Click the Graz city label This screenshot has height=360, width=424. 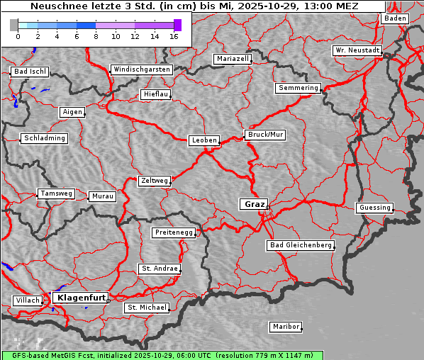pyautogui.click(x=254, y=204)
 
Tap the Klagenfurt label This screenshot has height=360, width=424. pyautogui.click(x=81, y=298)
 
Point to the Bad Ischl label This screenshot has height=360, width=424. pyautogui.click(x=30, y=72)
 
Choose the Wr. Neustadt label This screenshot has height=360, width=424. pyautogui.click(x=357, y=51)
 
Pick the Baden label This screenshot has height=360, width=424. pyautogui.click(x=395, y=18)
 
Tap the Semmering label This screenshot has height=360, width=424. pyautogui.click(x=299, y=88)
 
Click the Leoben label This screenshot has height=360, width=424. pyautogui.click(x=204, y=140)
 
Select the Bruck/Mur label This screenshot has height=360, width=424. pyautogui.click(x=264, y=135)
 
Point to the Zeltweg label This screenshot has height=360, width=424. pyautogui.click(x=154, y=181)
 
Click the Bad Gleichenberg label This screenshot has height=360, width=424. pyautogui.click(x=301, y=245)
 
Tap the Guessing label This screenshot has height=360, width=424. pyautogui.click(x=374, y=208)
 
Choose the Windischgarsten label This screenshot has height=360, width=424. pyautogui.click(x=141, y=69)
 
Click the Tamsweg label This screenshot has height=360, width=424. pyautogui.click(x=55, y=193)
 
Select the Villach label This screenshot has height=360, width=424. pyautogui.click(x=27, y=300)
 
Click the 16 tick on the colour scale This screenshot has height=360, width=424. pyautogui.click(x=174, y=36)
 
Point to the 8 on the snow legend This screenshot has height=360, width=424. pyautogui.click(x=96, y=36)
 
